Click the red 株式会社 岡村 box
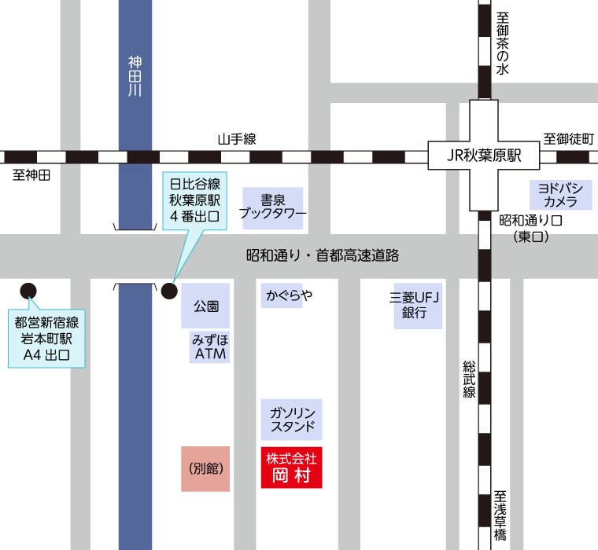[291, 467]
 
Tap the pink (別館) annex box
[205, 468]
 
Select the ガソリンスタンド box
[291, 420]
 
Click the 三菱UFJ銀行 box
[417, 306]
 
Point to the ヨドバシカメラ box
[559, 195]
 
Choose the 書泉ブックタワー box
[272, 207]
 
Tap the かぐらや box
[282, 295]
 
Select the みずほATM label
[209, 347]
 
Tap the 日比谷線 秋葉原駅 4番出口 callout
[194, 200]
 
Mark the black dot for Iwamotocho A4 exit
[28, 291]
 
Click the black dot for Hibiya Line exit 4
[168, 291]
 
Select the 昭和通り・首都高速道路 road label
[323, 255]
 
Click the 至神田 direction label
[31, 175]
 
